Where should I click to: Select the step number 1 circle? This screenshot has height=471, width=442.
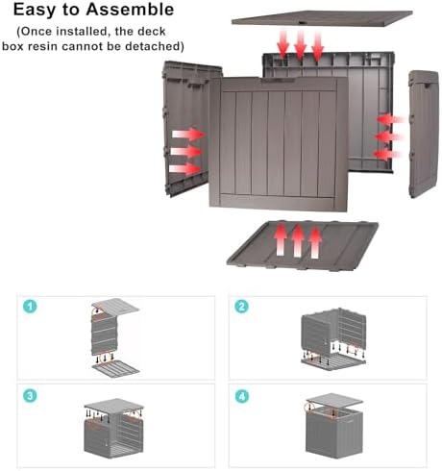[x=30, y=307]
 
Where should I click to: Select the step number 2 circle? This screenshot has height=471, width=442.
[x=241, y=307]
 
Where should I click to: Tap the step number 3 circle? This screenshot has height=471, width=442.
[x=30, y=396]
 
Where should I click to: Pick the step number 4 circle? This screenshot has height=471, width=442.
[x=241, y=397]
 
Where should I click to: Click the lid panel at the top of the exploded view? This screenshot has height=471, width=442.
[x=322, y=18]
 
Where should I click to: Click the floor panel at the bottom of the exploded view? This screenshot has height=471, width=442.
[x=303, y=246]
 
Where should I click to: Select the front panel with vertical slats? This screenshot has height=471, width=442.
[x=278, y=144]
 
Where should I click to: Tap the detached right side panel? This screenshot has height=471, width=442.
[x=423, y=134]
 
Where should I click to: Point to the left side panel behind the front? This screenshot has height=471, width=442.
[x=185, y=128]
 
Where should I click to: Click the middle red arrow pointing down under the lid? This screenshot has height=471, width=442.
[x=300, y=45]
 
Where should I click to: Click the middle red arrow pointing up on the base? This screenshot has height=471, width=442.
[x=298, y=241]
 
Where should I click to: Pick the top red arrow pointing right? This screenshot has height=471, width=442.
[x=188, y=134]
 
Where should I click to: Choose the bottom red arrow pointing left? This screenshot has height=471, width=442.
[x=387, y=155]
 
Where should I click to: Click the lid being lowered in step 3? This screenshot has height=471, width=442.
[x=114, y=405]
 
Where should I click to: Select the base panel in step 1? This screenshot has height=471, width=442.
[x=115, y=368]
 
